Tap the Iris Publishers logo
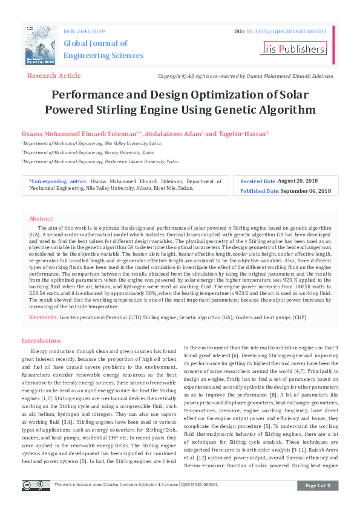click(x=293, y=49)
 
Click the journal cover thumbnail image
click(x=41, y=45)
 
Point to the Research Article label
click(x=54, y=76)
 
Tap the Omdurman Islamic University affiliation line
click(x=101, y=162)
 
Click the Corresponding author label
click(x=58, y=181)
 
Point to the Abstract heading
click(x=41, y=219)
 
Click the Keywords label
click(x=44, y=317)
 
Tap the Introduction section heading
click(x=41, y=341)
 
